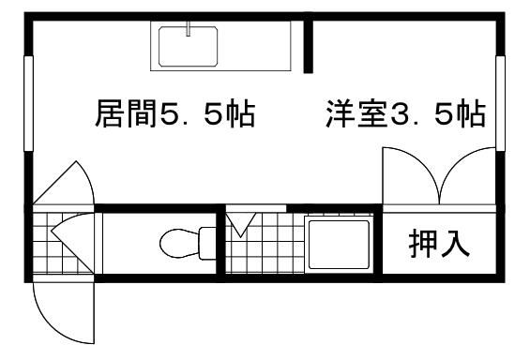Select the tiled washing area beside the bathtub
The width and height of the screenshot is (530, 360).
pyautogui.click(x=264, y=248)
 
